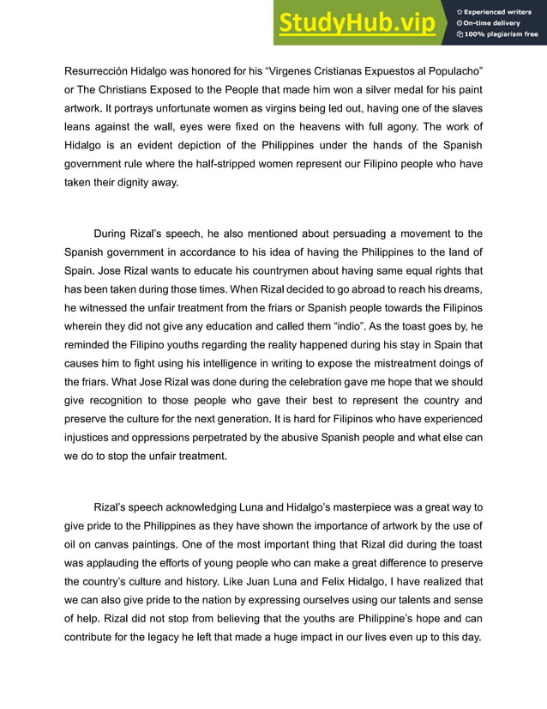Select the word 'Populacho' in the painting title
point(451,70)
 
